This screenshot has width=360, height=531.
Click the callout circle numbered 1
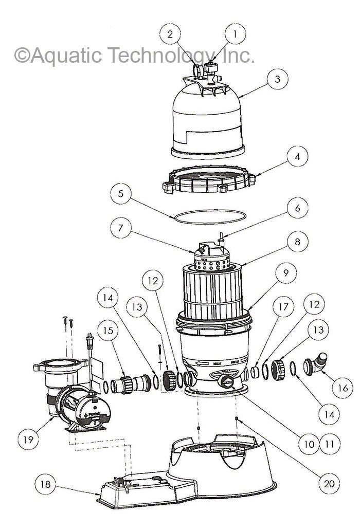pyautogui.click(x=236, y=35)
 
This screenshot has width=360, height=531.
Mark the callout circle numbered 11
pyautogui.click(x=328, y=443)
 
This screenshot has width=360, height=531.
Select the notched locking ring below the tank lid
pyautogui.click(x=208, y=180)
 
